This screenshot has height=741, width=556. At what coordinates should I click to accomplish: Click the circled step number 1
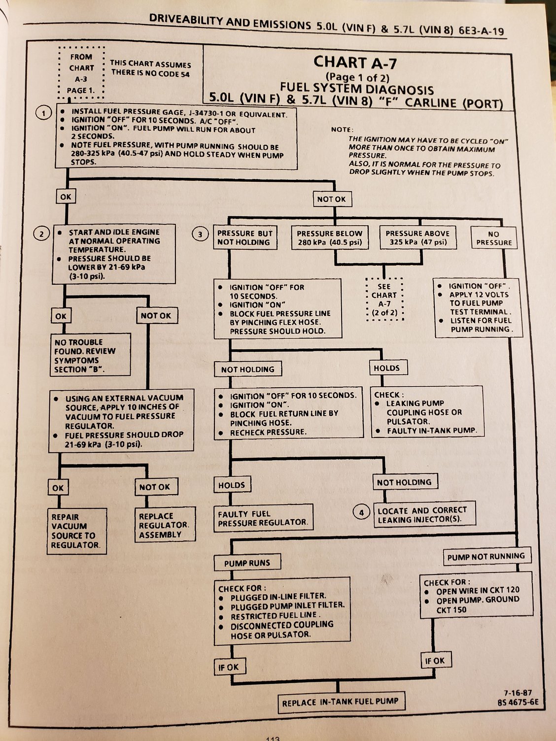click(x=44, y=113)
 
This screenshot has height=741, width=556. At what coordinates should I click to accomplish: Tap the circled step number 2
click(x=41, y=233)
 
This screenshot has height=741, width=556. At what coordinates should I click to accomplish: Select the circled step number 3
click(x=200, y=235)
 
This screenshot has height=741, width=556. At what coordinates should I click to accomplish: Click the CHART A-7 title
click(x=355, y=62)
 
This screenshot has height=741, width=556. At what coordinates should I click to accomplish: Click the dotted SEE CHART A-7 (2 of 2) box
click(x=384, y=299)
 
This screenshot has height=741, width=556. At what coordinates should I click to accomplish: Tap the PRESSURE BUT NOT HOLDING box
click(x=244, y=237)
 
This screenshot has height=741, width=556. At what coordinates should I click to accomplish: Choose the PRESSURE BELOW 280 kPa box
click(x=329, y=237)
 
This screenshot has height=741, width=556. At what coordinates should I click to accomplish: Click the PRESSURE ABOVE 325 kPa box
click(x=417, y=237)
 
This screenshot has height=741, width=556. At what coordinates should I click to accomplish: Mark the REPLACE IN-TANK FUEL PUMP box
click(x=340, y=701)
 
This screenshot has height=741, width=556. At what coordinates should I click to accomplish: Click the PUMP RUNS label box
click(x=247, y=563)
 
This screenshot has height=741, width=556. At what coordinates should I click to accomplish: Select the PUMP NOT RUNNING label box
click(x=486, y=557)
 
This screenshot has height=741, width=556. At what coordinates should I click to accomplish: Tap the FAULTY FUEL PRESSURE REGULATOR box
click(x=263, y=518)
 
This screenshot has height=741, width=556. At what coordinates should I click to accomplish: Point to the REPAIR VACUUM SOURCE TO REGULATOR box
click(x=77, y=531)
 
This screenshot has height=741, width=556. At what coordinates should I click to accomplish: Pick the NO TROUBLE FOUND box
click(x=91, y=355)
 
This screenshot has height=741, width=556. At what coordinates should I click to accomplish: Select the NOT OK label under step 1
click(x=331, y=199)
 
